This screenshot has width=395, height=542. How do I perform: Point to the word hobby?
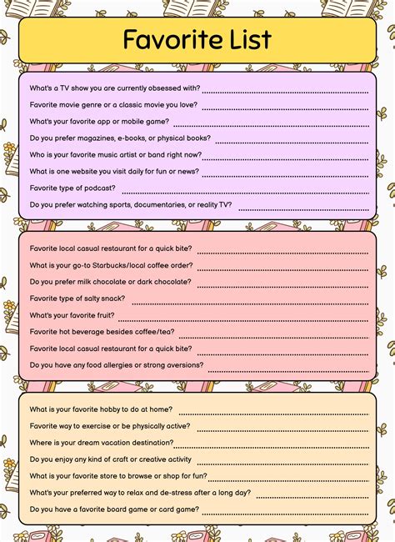(x=114, y=409)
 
